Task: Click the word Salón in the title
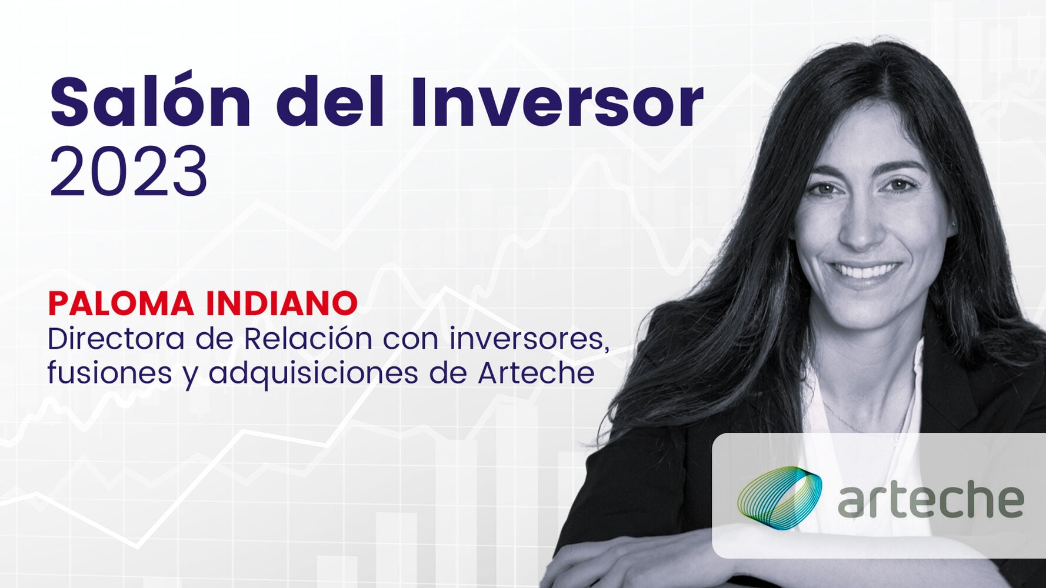(x=151, y=102)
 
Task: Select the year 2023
(x=128, y=172)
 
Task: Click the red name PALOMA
(x=121, y=303)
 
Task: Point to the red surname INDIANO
(x=281, y=303)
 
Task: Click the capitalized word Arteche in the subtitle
(x=535, y=373)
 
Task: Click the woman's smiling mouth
(x=865, y=271)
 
